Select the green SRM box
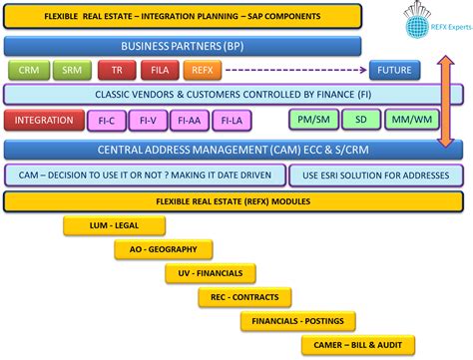[x=73, y=70]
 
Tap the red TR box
[x=118, y=70]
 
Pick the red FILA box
[x=159, y=70]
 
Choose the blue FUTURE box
[x=392, y=70]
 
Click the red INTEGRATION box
[x=43, y=121]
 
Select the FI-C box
[x=107, y=121]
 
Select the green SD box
[x=359, y=121]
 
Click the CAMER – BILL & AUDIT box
[x=384, y=343]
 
